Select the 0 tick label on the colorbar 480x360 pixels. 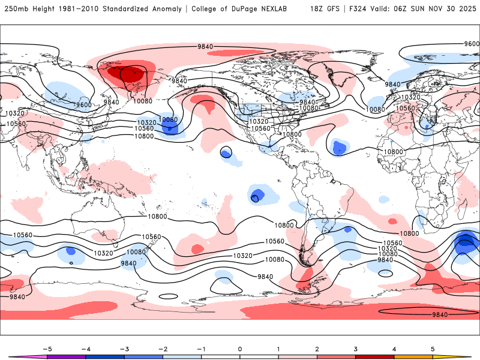239,349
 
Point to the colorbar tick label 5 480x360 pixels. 432,349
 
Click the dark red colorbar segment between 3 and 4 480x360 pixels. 374,356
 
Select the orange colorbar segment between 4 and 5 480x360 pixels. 413,356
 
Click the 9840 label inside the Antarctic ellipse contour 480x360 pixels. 440,314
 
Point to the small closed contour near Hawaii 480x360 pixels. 226,153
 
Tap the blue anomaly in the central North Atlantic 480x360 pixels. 340,147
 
